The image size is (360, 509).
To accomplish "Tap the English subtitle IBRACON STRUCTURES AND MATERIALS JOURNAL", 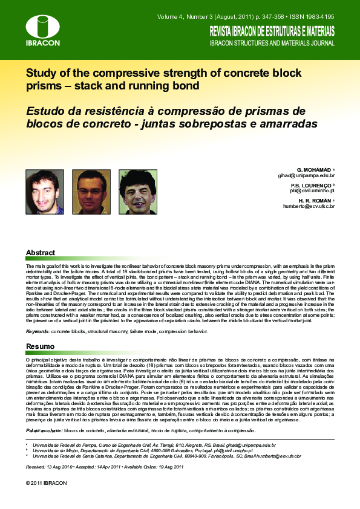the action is [x=272, y=44].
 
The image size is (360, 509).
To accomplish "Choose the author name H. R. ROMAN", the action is [x=315, y=200].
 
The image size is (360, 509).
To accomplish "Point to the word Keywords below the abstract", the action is [x=38, y=332].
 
